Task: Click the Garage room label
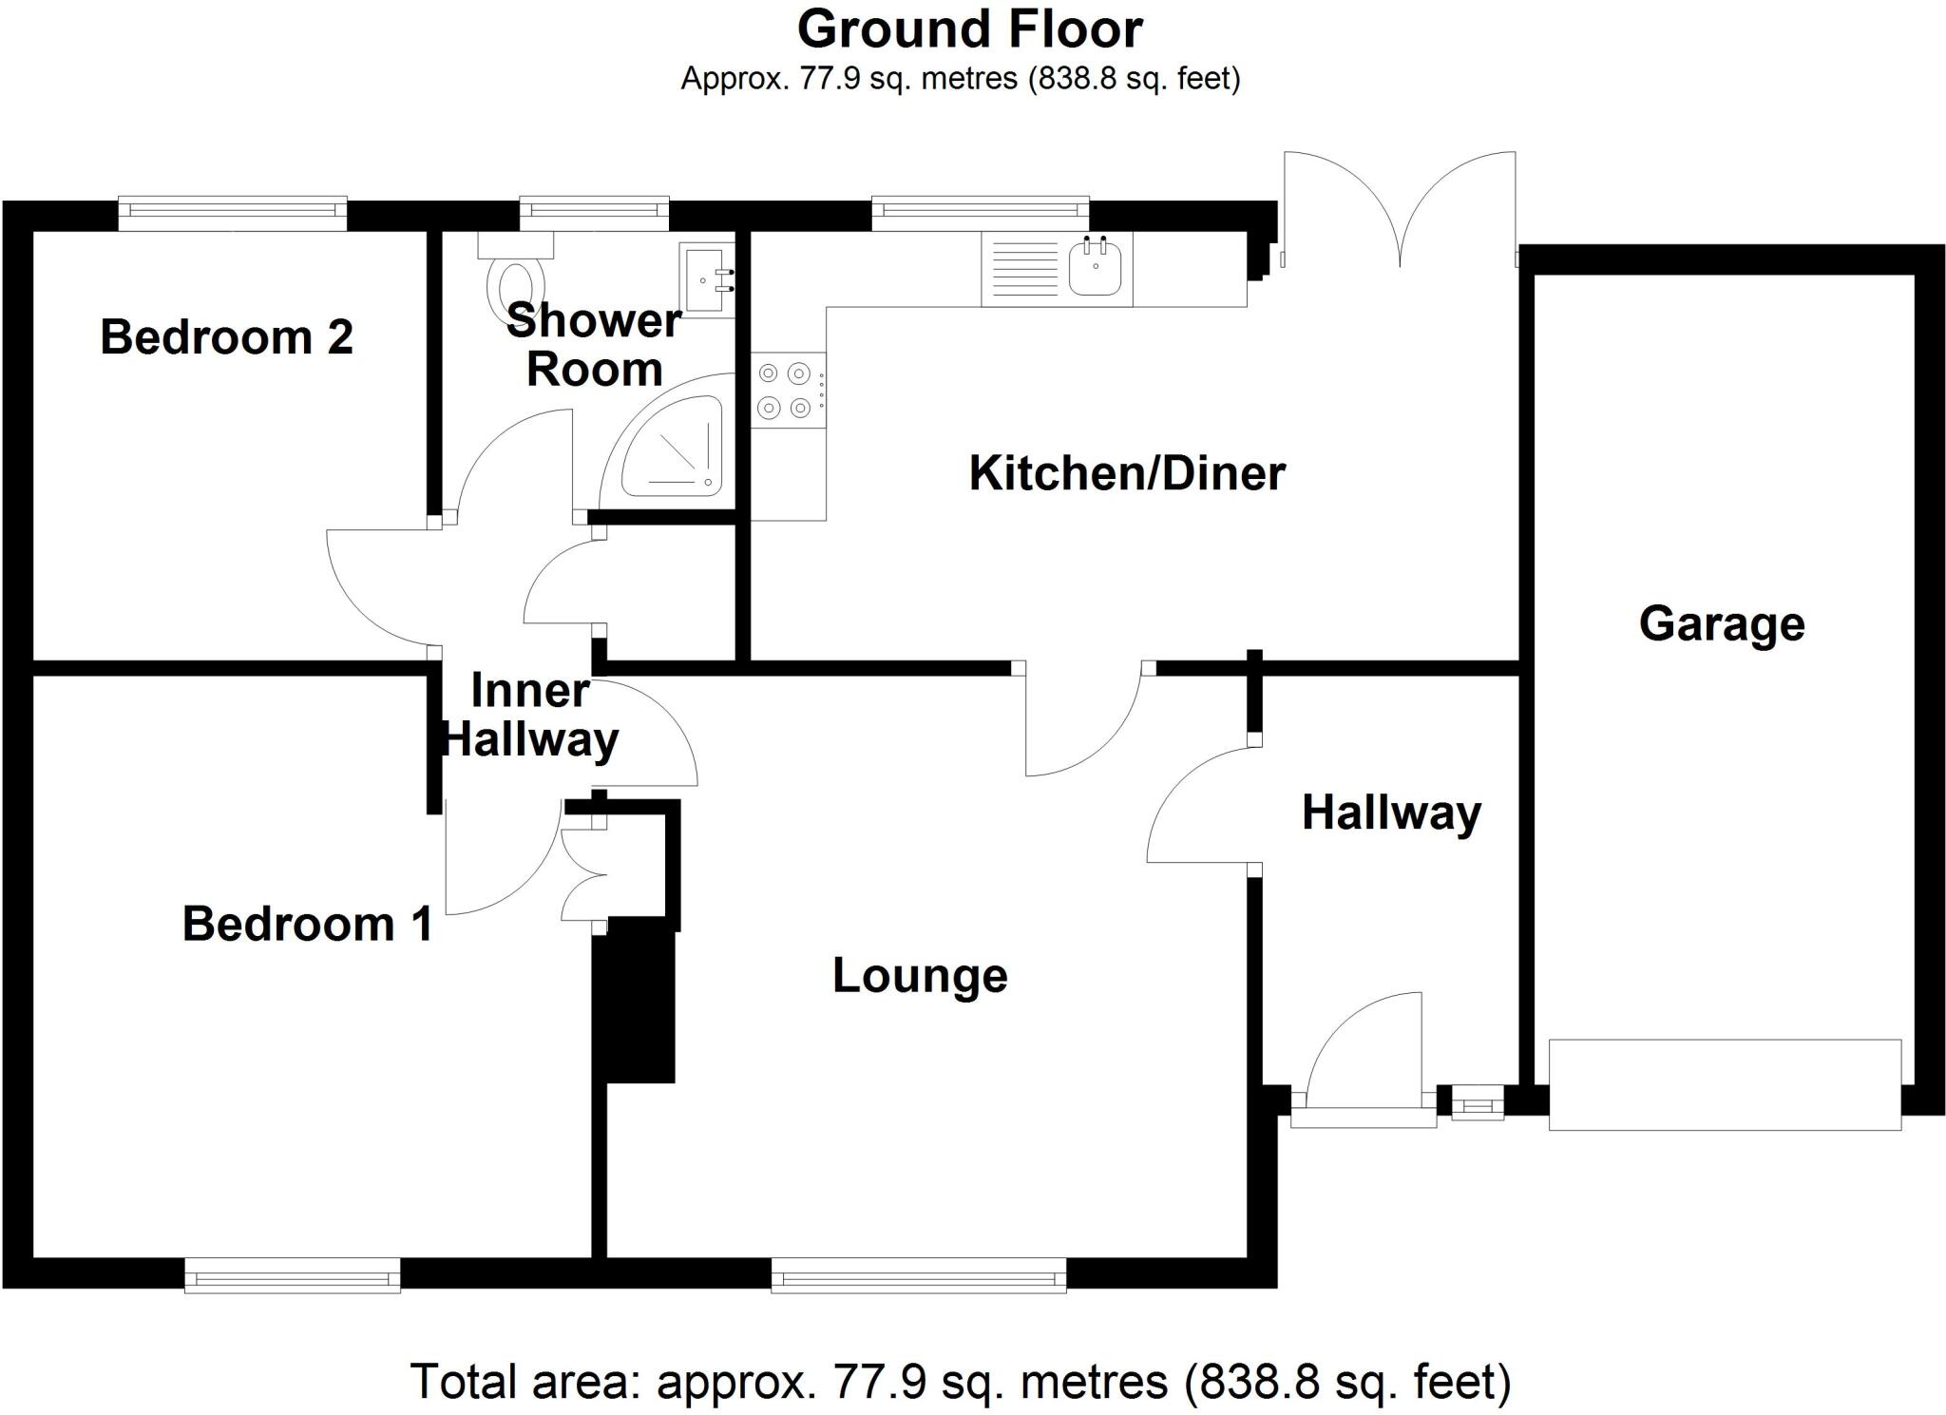(x=1722, y=625)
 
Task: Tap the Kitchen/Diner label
(x=1127, y=473)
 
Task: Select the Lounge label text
(x=920, y=976)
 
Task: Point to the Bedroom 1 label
(x=308, y=924)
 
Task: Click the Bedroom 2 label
(x=226, y=337)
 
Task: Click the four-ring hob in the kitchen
(x=788, y=391)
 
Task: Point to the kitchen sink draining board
(x=1024, y=269)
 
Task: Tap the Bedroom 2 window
(x=233, y=214)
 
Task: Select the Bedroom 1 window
(x=293, y=1275)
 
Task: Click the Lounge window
(x=919, y=1275)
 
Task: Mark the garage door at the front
(x=1725, y=1084)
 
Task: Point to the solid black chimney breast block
(x=634, y=1007)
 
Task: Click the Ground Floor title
(x=969, y=29)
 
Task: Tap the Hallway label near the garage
(x=1391, y=813)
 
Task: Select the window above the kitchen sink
(x=981, y=214)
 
